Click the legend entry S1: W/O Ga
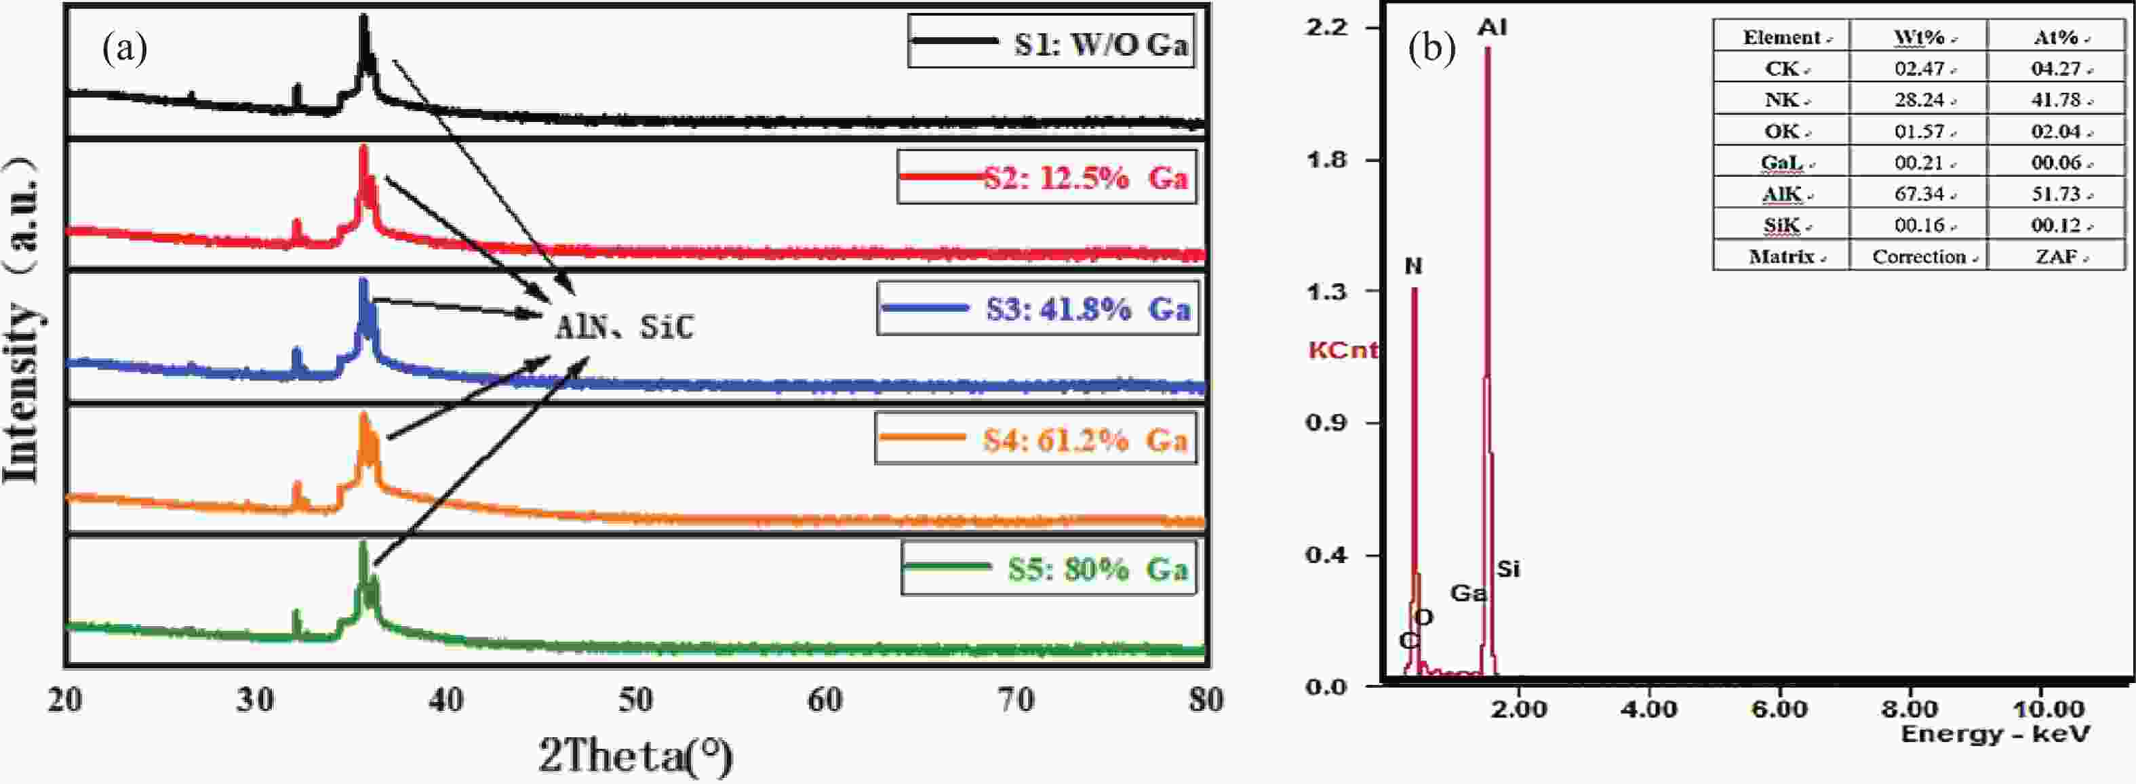[x=1052, y=41]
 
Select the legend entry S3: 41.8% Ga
[x=1037, y=309]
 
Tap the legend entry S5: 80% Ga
[x=1049, y=569]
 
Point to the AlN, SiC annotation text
[x=624, y=328]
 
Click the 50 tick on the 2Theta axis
[x=635, y=700]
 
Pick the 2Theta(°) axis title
[x=636, y=755]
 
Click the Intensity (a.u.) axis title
[x=22, y=319]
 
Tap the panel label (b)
[x=1431, y=49]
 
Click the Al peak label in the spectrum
[x=1492, y=27]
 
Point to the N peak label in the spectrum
[x=1413, y=266]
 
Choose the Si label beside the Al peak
[x=1508, y=569]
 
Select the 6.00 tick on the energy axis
[x=1779, y=709]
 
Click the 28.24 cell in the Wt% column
[x=1919, y=100]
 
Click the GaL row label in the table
[x=1781, y=163]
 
